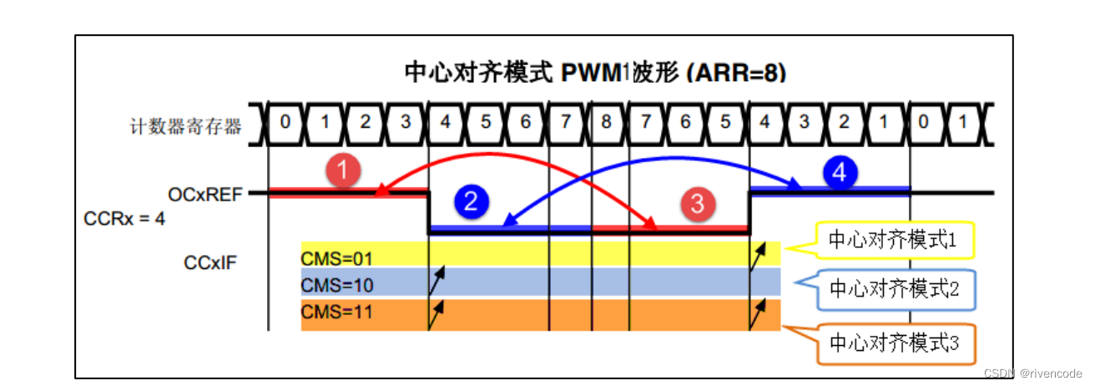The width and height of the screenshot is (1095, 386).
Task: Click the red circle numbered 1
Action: pos(343,173)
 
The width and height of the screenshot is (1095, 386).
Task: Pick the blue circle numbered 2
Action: pos(471,202)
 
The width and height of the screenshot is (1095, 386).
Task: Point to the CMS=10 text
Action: pos(338,285)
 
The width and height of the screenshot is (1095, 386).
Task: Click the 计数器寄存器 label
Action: pos(185,126)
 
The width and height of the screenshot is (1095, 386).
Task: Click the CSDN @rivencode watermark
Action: pos(1032,373)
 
